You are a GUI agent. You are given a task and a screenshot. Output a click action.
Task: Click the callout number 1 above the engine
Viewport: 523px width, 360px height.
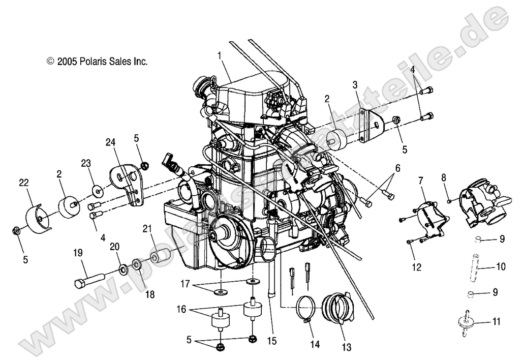(220, 54)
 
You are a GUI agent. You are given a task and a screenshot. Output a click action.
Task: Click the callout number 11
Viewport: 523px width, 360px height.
(496, 321)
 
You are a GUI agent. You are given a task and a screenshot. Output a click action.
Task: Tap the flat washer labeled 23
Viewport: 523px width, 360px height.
(97, 191)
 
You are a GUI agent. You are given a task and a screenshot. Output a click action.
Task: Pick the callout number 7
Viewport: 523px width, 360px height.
(420, 180)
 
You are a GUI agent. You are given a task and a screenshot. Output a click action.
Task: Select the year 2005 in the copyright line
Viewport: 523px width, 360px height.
(66, 62)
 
